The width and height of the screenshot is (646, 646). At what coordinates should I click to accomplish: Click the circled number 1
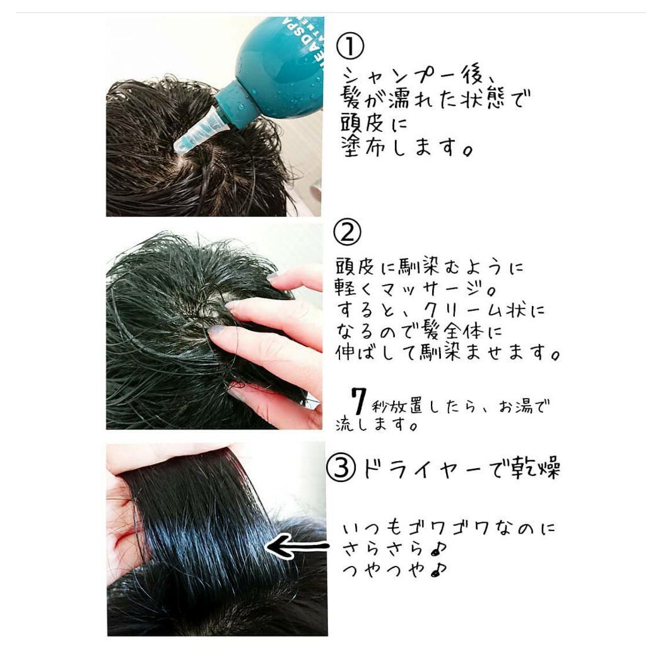[x=349, y=46]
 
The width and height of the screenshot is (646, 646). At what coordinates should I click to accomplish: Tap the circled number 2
[x=347, y=232]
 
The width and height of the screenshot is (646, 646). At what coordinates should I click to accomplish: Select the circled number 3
[x=341, y=467]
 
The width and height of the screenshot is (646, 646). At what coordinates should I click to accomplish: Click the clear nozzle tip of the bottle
[x=196, y=131]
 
